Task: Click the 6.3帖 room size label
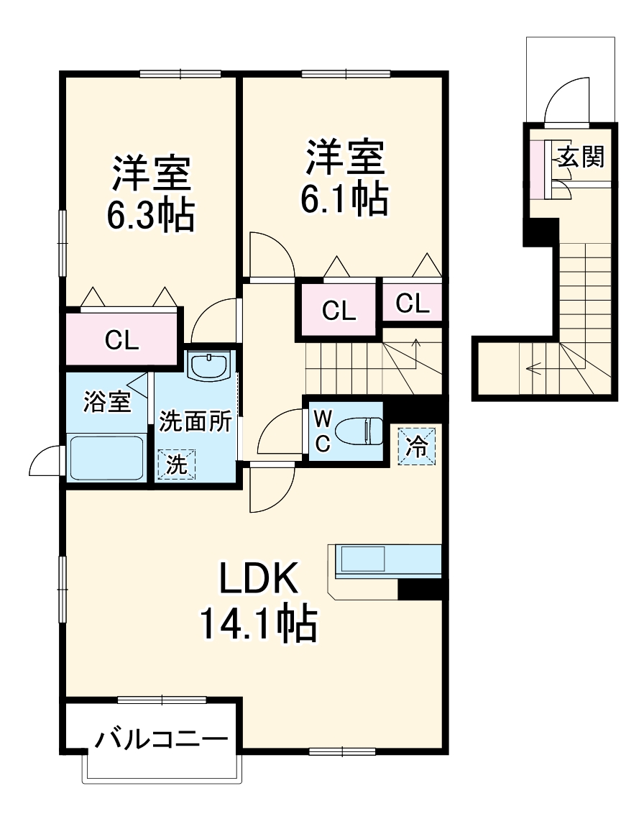pyautogui.click(x=151, y=214)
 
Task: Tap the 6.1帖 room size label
pyautogui.click(x=344, y=200)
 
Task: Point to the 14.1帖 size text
pyautogui.click(x=258, y=623)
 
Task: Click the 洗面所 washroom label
pyautogui.click(x=195, y=421)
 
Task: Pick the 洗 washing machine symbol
pyautogui.click(x=176, y=465)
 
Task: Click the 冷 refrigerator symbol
pyautogui.click(x=417, y=445)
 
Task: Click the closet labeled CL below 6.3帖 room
pyautogui.click(x=121, y=339)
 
